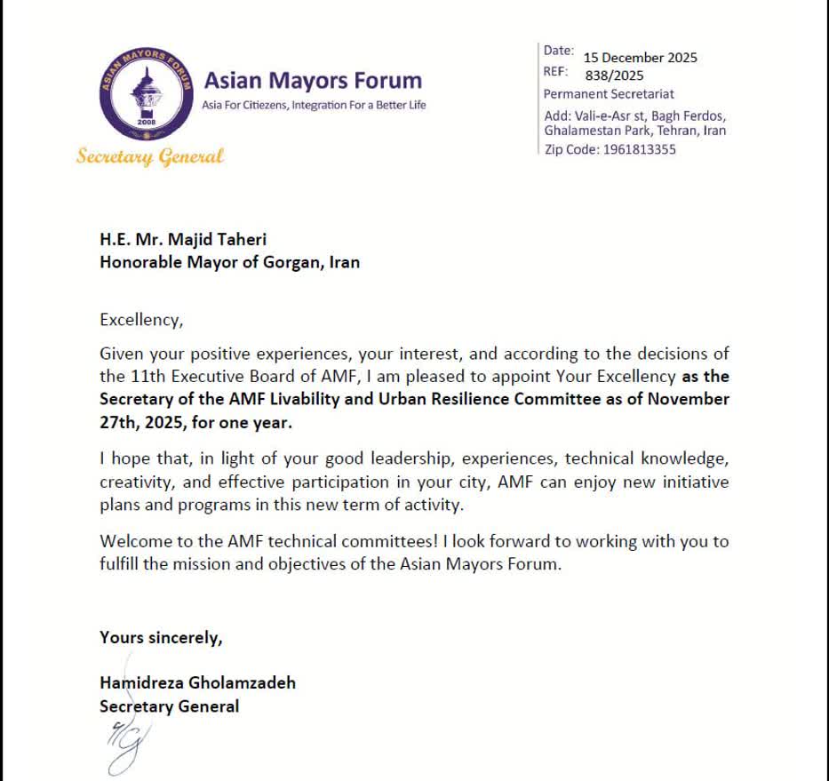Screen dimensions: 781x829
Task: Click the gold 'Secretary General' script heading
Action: [149, 157]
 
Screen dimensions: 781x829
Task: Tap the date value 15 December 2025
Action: [640, 58]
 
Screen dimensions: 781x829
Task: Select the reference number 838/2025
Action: [614, 76]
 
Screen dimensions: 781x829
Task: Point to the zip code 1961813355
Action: [639, 149]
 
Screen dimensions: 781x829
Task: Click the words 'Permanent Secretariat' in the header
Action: [609, 93]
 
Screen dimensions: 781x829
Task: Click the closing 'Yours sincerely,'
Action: [161, 637]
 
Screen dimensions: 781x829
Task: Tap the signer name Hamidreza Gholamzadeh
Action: [197, 682]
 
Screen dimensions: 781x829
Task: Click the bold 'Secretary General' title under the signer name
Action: [169, 706]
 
